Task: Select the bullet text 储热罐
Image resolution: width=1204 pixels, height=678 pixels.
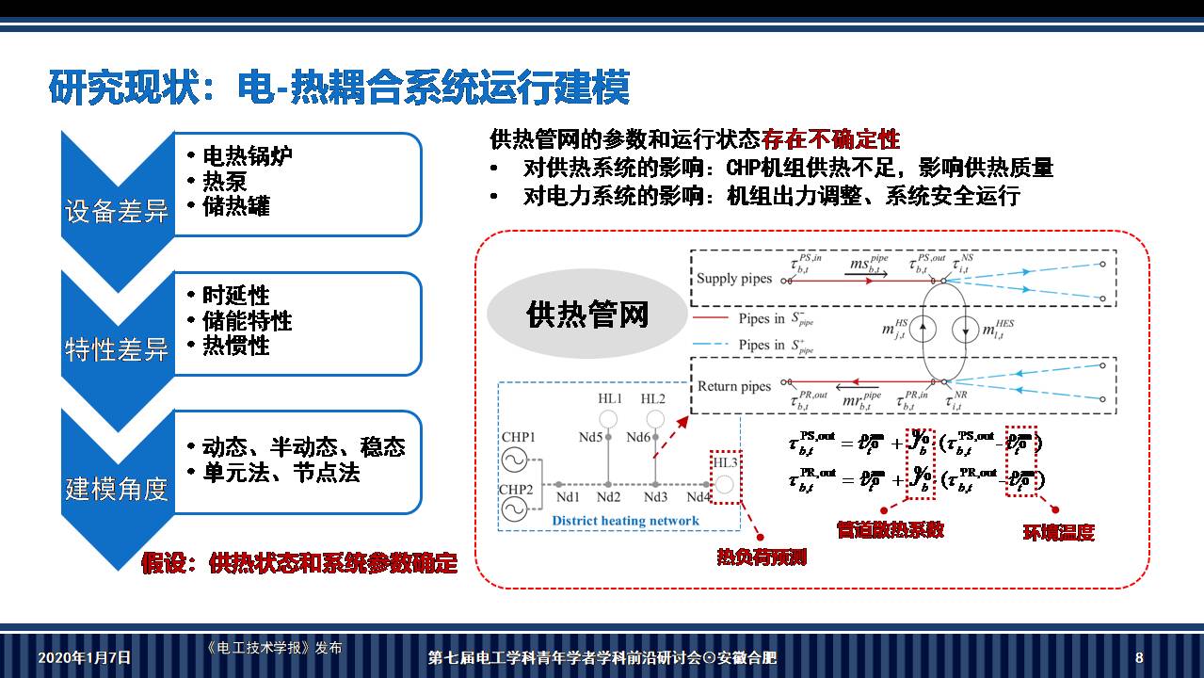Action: coord(236,206)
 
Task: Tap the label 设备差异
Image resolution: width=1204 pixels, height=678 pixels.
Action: coord(116,211)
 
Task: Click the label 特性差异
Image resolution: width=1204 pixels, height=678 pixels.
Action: coord(116,350)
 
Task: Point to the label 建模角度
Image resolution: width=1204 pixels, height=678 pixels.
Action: coord(116,489)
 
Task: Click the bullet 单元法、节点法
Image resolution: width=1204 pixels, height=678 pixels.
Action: coord(281,473)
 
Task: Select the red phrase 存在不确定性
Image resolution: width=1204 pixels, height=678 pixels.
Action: coord(831,140)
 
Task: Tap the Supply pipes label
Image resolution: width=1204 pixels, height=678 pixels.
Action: coord(733,278)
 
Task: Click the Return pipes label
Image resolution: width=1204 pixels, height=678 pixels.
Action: coord(733,386)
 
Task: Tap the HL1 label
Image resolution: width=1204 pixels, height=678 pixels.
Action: coord(610,399)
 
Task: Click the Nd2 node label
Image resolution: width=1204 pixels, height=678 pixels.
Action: coord(609,497)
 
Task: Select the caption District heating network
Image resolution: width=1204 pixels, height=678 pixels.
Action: coord(625,521)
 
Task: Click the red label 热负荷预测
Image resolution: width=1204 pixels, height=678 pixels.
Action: coord(762,557)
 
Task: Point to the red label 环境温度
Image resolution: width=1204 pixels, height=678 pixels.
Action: coord(1058,532)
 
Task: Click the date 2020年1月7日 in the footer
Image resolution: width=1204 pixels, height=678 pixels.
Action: coord(85,657)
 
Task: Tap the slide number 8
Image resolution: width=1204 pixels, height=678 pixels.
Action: coord(1139,657)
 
